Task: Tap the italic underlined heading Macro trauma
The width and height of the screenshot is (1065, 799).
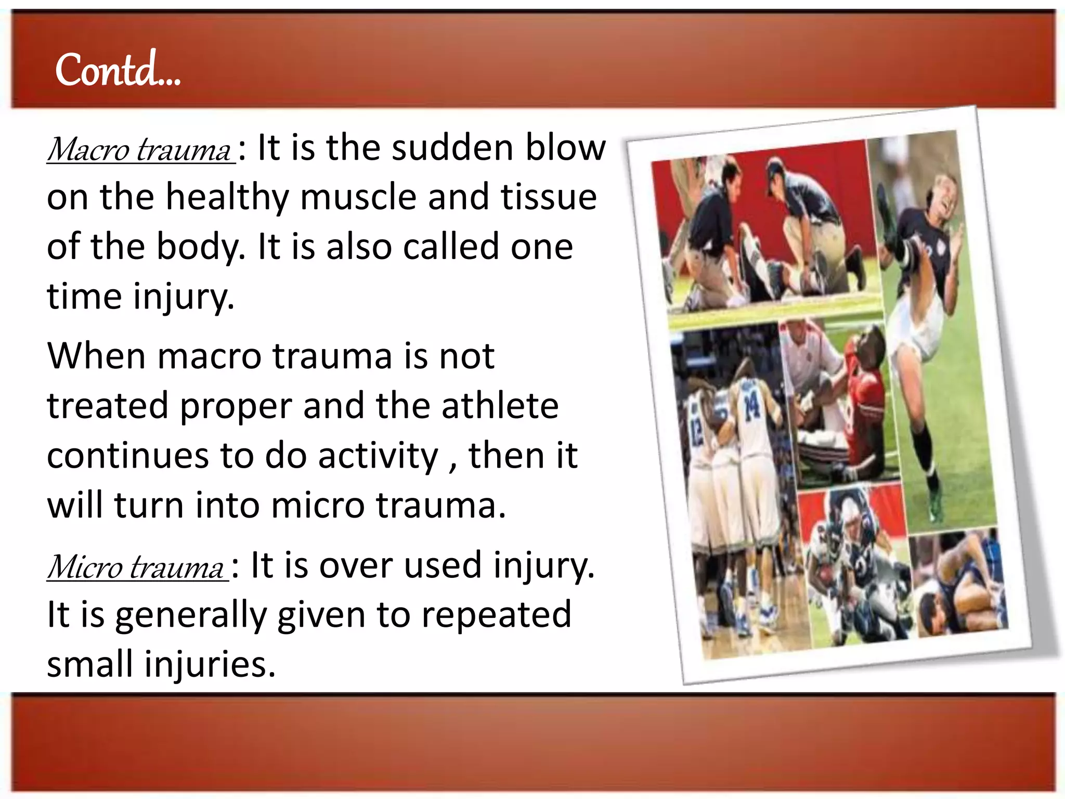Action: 139,150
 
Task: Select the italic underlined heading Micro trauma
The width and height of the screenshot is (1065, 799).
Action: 136,567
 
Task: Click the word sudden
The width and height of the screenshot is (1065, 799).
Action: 452,148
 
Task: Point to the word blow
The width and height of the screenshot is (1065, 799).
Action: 565,148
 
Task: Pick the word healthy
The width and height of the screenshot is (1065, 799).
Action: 227,198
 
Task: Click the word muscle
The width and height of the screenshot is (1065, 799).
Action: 358,197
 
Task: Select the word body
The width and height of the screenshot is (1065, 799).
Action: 200,248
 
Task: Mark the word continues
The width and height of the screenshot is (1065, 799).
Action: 128,456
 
